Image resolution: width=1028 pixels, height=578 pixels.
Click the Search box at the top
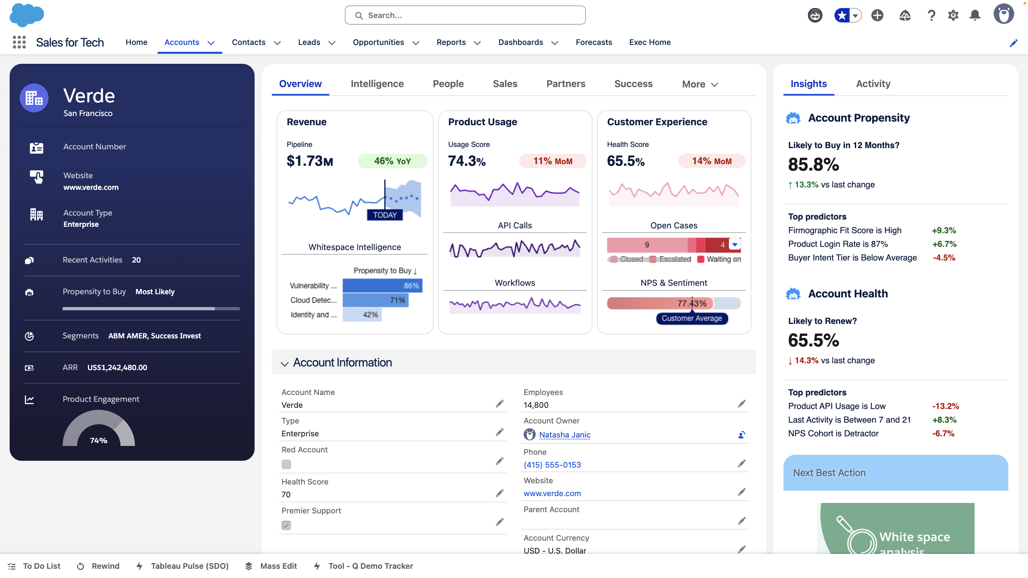(465, 15)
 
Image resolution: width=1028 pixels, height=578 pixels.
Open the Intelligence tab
(377, 84)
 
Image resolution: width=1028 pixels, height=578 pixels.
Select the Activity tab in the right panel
(873, 84)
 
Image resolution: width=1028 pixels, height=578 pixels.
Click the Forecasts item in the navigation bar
(594, 42)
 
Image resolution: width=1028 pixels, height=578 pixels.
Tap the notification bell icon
(975, 15)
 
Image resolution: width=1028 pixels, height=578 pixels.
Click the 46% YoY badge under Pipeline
(392, 161)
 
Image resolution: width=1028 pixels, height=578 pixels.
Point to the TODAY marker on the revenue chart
(385, 215)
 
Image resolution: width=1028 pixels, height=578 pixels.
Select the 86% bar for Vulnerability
(382, 286)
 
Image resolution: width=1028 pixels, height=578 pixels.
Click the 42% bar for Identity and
(362, 315)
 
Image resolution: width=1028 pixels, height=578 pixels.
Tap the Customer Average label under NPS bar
(691, 318)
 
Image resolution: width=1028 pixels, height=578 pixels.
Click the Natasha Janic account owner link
(565, 435)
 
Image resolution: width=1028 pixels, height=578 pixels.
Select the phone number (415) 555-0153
(552, 465)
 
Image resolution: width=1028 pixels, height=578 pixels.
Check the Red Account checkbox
(286, 464)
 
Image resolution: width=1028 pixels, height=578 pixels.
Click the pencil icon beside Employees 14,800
(742, 404)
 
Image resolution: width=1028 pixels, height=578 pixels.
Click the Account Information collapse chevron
(285, 364)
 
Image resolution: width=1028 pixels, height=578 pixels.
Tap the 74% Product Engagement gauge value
(98, 440)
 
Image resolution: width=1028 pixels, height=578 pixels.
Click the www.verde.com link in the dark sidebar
(91, 187)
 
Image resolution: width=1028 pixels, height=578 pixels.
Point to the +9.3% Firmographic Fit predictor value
(944, 230)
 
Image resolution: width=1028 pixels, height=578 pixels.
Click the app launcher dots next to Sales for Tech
(19, 42)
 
